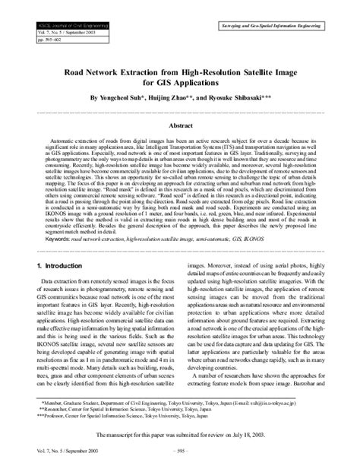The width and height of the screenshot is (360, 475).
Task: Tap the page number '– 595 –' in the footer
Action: [x=180, y=460]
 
